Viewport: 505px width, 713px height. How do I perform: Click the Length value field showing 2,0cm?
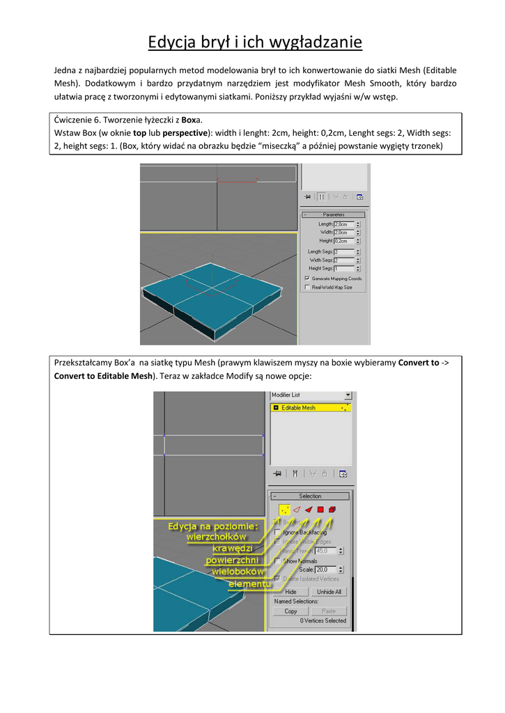click(x=344, y=224)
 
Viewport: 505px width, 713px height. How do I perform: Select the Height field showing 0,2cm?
click(x=344, y=240)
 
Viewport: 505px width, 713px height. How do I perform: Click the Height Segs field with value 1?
click(x=344, y=268)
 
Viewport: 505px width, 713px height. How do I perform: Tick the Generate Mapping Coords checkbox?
click(x=307, y=279)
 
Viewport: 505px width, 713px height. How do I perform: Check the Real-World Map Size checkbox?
click(x=307, y=287)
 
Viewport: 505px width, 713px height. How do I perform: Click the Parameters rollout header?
click(x=334, y=214)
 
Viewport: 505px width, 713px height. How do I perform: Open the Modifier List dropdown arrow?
click(x=348, y=395)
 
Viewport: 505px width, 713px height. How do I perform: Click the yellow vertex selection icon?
click(x=284, y=510)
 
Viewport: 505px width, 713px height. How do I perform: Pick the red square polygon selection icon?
click(x=320, y=510)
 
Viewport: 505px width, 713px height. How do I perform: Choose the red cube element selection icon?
click(x=332, y=510)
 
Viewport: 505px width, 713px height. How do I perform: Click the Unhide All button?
click(x=329, y=592)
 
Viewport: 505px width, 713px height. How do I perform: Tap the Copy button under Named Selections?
click(x=290, y=611)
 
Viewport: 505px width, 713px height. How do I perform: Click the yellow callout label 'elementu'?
click(x=249, y=583)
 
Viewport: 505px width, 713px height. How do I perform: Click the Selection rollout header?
click(x=310, y=496)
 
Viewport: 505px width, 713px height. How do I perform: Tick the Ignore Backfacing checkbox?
click(x=278, y=531)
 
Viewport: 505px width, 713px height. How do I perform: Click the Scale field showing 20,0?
click(x=325, y=570)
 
